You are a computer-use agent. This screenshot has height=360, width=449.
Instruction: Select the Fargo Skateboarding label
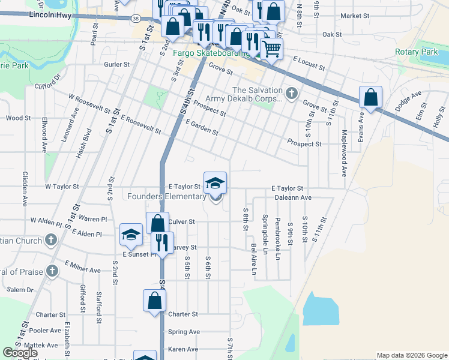pos(211,53)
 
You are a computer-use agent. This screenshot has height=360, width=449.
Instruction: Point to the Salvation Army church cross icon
pos(291,93)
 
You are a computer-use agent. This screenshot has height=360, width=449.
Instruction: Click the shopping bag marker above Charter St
pos(154,300)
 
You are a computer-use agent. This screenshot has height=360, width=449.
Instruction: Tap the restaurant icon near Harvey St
pos(161,242)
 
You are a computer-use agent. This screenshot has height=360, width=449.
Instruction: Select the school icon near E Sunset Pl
pos(130,235)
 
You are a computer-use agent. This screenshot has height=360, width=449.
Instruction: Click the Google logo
pos(20,353)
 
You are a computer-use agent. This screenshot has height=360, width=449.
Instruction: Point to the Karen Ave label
pos(183,349)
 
